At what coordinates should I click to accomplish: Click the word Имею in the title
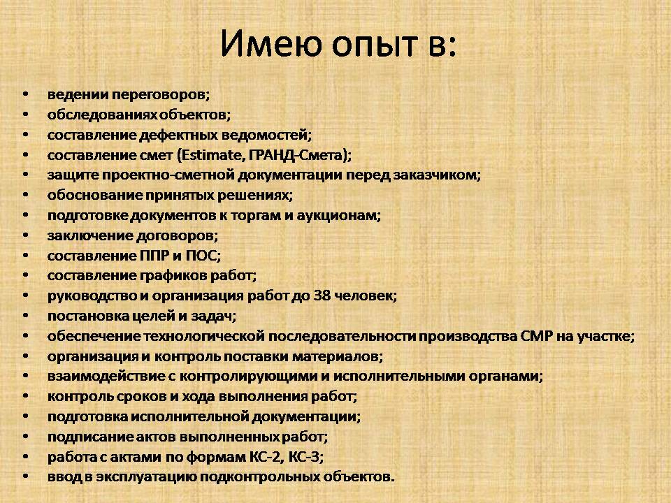271,44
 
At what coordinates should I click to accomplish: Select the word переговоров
161,94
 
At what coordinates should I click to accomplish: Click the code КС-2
266,457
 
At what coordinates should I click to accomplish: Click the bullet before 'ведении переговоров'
26,94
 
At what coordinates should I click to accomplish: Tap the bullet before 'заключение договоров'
26,235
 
